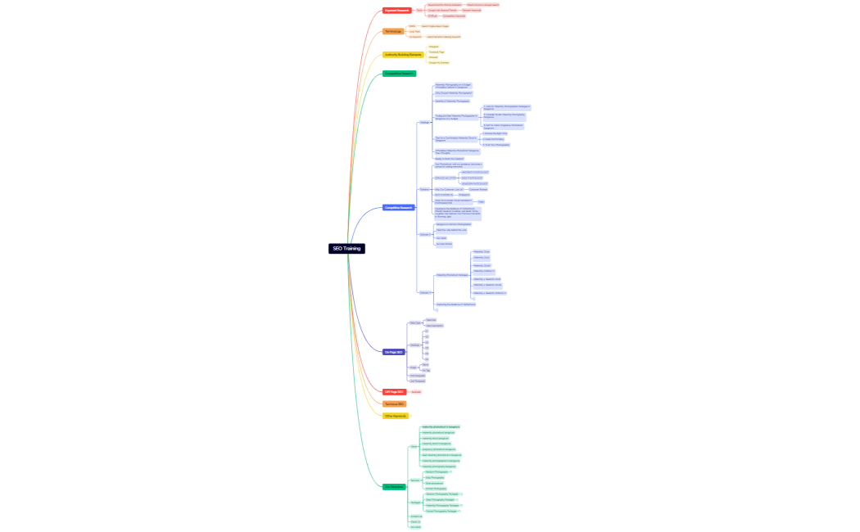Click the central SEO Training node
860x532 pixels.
(x=346, y=248)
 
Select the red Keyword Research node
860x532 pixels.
(x=397, y=11)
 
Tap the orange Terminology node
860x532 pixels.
(x=393, y=31)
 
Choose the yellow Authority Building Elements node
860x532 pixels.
(x=403, y=55)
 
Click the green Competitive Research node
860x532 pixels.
(x=400, y=74)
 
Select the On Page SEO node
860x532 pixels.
(x=393, y=352)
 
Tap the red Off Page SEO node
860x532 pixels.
(x=394, y=392)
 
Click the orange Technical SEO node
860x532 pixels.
(x=395, y=404)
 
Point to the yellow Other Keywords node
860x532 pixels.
(x=395, y=416)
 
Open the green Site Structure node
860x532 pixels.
(x=394, y=487)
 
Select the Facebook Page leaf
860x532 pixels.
(x=437, y=52)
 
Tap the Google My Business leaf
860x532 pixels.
(x=438, y=62)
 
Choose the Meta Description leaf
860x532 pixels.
(x=434, y=326)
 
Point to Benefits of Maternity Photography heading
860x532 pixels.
(x=452, y=101)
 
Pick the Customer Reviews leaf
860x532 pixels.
(x=478, y=189)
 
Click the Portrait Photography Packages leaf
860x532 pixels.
(x=441, y=511)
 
